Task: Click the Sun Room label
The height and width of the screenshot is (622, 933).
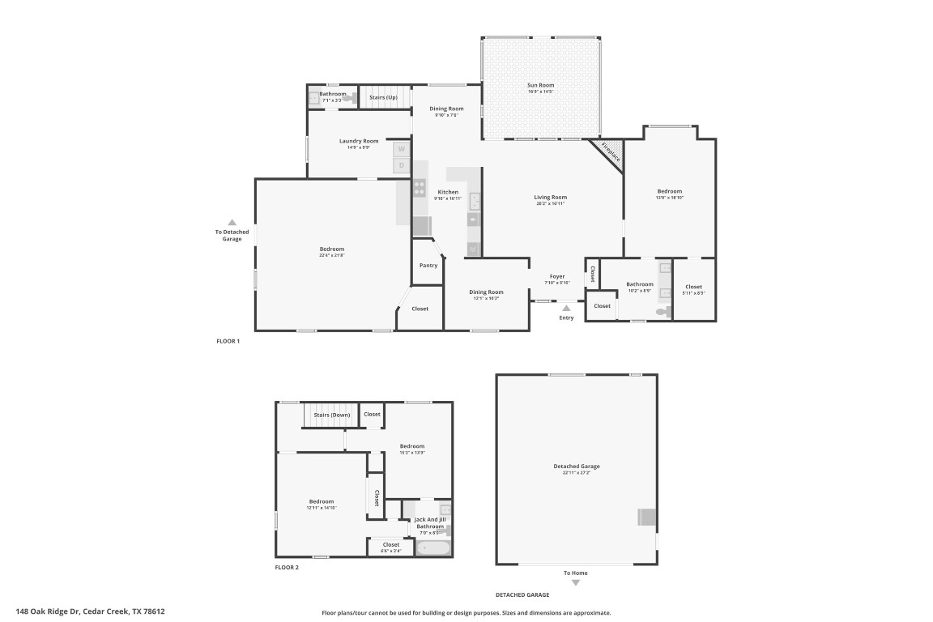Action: pyautogui.click(x=541, y=85)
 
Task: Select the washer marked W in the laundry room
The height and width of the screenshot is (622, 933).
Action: pyautogui.click(x=401, y=150)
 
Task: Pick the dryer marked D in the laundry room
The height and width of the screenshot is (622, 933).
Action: pyautogui.click(x=401, y=165)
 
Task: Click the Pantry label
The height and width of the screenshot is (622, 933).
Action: pyautogui.click(x=428, y=266)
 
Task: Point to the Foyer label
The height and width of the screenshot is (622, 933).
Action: pyautogui.click(x=557, y=277)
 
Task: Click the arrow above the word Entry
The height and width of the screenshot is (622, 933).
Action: pyautogui.click(x=566, y=308)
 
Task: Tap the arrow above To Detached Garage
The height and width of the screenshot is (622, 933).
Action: pyautogui.click(x=232, y=222)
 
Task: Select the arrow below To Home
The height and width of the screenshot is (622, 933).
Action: pyautogui.click(x=576, y=582)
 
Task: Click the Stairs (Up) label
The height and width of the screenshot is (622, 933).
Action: pyautogui.click(x=383, y=97)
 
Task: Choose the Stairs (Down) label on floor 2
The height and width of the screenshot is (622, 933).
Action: pyautogui.click(x=332, y=415)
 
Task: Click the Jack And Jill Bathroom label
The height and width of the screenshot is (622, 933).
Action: pyautogui.click(x=430, y=523)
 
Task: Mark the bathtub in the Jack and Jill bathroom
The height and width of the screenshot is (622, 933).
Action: pyautogui.click(x=432, y=548)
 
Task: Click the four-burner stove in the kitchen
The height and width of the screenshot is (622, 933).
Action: pyautogui.click(x=420, y=188)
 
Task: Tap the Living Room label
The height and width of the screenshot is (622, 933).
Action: pyautogui.click(x=550, y=197)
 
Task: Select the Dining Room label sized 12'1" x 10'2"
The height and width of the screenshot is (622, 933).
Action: pyautogui.click(x=487, y=292)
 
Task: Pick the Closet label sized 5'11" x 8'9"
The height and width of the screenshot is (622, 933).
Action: pyautogui.click(x=694, y=287)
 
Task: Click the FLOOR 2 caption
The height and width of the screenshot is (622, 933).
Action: pyautogui.click(x=287, y=568)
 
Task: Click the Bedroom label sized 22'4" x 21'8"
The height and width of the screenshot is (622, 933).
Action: pyautogui.click(x=332, y=249)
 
